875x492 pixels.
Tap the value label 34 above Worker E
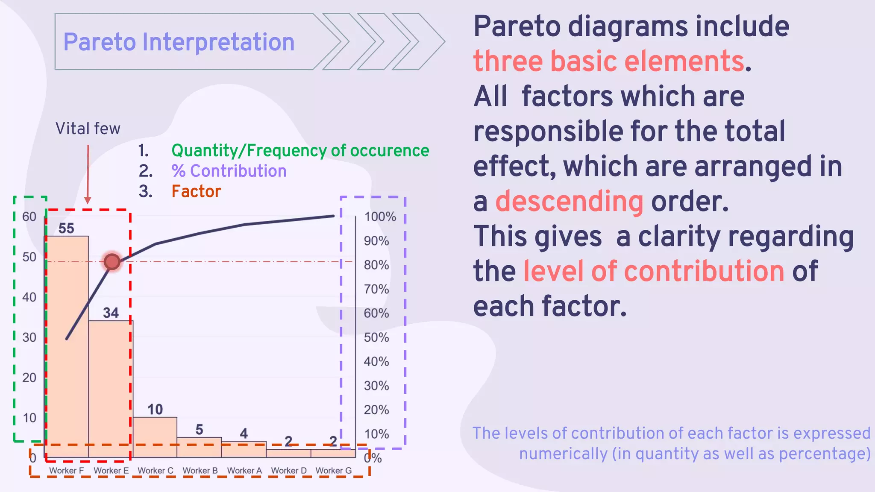(x=111, y=313)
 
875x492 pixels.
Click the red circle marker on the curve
(x=112, y=262)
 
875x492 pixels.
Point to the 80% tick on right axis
(x=376, y=265)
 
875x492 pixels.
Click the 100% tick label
(x=380, y=217)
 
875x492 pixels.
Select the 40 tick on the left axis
(x=29, y=297)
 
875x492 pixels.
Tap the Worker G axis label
(x=334, y=470)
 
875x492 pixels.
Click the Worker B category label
(x=200, y=470)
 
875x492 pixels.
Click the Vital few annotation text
(x=88, y=129)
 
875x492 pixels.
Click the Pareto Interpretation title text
(x=179, y=42)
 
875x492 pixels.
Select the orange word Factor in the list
(x=196, y=191)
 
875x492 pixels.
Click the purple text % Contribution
(x=229, y=171)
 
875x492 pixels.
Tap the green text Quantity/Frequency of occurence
(x=300, y=150)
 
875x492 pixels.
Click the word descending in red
(x=569, y=201)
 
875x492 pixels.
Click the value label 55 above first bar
(x=66, y=228)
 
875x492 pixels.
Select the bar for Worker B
(x=199, y=447)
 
